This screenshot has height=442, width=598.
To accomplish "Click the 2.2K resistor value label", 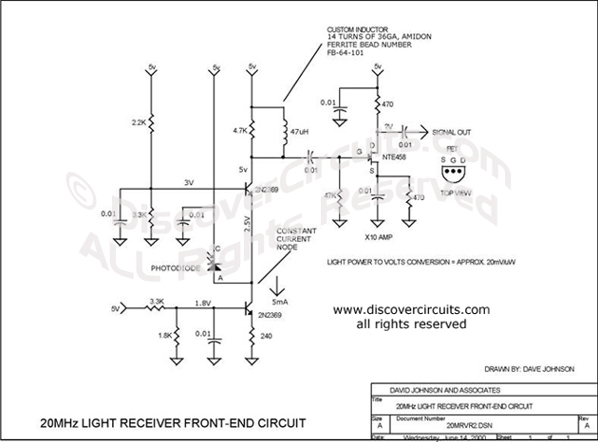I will (x=139, y=123).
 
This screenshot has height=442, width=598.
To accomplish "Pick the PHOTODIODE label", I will (x=177, y=268).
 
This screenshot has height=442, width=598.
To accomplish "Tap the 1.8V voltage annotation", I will (x=202, y=303).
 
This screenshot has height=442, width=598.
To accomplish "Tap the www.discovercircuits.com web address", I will (x=411, y=309).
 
